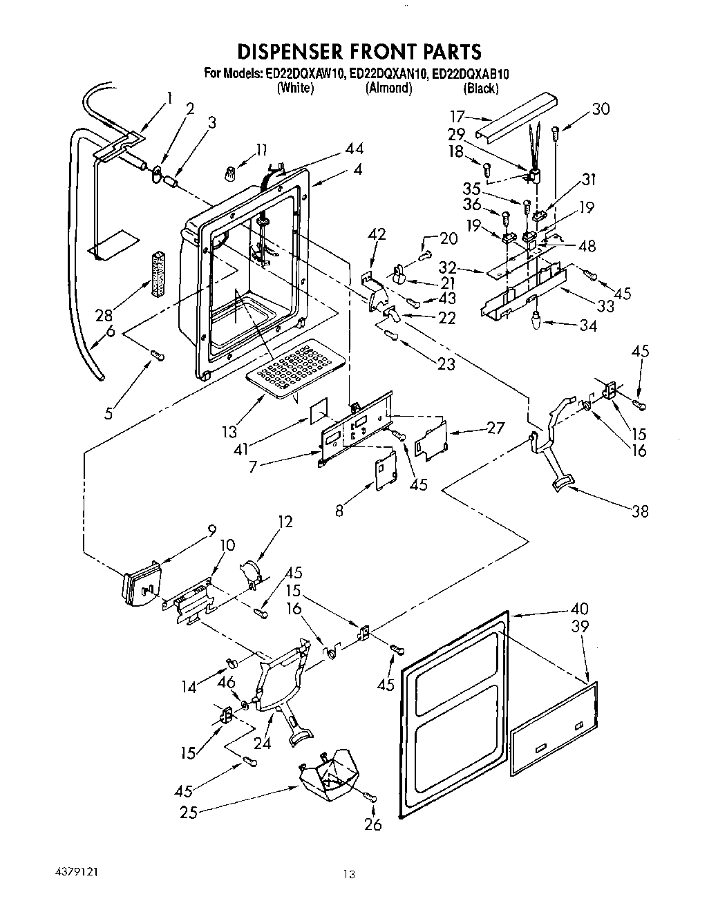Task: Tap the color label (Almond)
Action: pos(388,88)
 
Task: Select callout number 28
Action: pos(104,315)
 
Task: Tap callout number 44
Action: pos(355,149)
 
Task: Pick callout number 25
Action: pos(188,813)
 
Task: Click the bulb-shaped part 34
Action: pos(536,320)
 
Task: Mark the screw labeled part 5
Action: pos(157,355)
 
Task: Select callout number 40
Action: pos(580,609)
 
